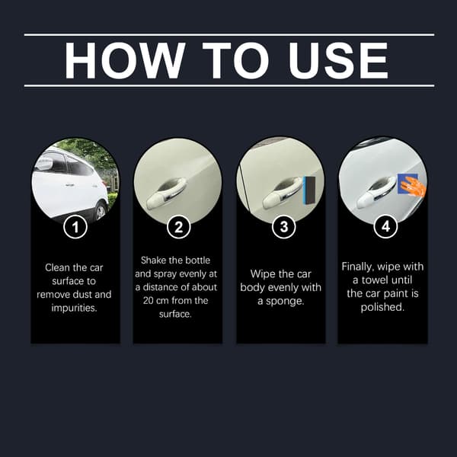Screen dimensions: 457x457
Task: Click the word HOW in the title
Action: [x=125, y=60]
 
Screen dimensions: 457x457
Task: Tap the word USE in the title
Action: [x=338, y=60]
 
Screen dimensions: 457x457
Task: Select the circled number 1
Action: [x=75, y=227]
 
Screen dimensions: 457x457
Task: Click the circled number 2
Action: [x=179, y=227]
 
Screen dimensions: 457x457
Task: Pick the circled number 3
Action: [x=283, y=227]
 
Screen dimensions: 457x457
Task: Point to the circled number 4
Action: [x=385, y=226]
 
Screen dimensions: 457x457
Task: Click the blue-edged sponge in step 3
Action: [x=309, y=190]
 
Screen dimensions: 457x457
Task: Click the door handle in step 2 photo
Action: [x=165, y=193]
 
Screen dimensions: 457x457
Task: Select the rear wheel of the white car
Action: [x=101, y=211]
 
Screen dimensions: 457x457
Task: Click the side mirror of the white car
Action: [x=44, y=164]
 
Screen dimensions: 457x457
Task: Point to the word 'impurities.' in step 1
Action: [x=74, y=308]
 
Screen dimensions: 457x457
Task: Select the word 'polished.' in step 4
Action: [x=382, y=307]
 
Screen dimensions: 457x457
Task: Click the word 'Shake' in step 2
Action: [x=154, y=260]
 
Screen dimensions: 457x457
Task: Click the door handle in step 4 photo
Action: [x=376, y=193]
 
